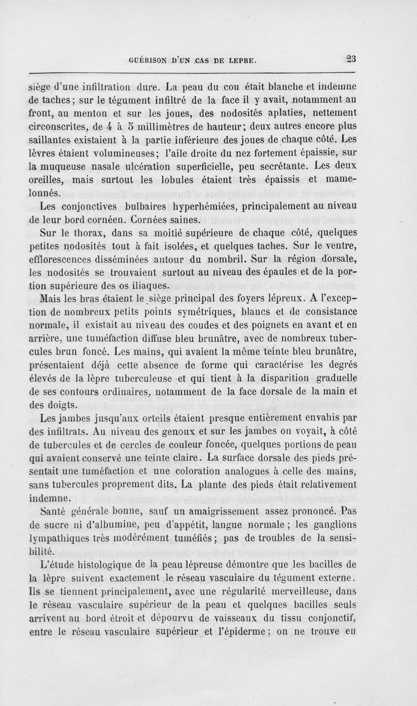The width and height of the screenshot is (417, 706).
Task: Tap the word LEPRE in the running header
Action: click(x=239, y=60)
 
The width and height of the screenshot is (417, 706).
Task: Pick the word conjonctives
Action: click(x=99, y=206)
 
